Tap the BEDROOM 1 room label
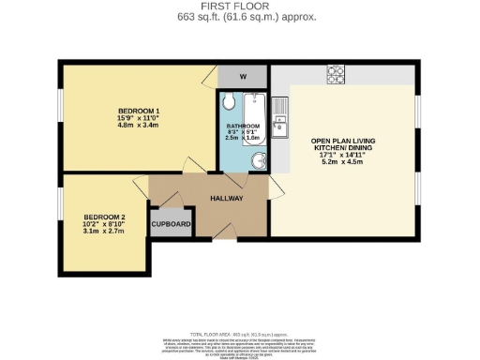click(x=138, y=112)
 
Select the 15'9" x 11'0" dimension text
click(x=138, y=119)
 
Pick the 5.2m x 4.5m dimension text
click(x=342, y=163)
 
